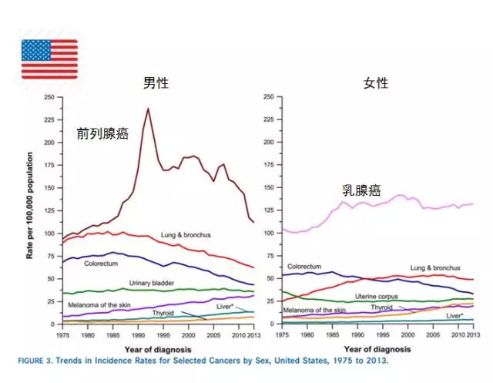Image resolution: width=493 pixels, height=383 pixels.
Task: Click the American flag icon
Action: pos(49,59)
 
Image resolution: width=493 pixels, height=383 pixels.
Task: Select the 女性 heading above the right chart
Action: pos(375,82)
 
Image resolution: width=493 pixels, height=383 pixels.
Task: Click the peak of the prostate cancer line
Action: pos(148,109)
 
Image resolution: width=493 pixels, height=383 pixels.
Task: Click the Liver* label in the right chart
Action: pos(456,316)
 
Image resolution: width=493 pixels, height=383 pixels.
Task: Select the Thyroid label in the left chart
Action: pos(163,314)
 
